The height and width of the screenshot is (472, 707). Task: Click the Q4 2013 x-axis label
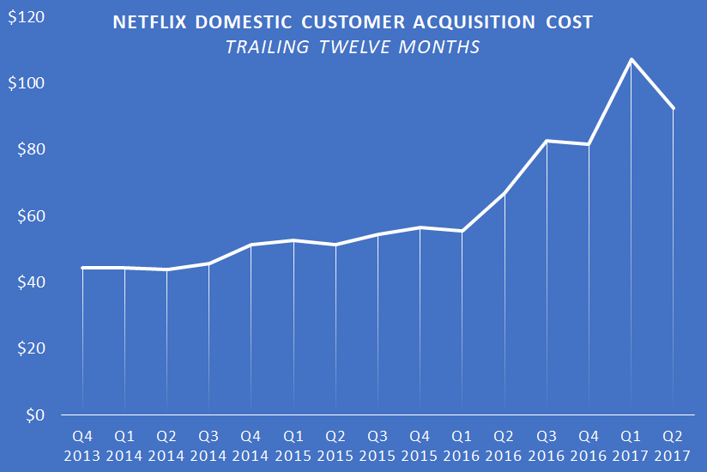83,444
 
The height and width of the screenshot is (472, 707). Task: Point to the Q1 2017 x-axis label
631,444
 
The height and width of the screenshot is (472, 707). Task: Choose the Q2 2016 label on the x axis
505,444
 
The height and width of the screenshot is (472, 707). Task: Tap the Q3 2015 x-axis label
378,444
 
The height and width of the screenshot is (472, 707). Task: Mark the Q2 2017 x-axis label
674,444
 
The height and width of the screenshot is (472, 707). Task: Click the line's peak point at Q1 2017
631,59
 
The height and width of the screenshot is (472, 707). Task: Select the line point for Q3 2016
547,141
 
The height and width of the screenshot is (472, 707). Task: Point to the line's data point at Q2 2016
505,193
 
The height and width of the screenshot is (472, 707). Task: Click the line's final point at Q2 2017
674,108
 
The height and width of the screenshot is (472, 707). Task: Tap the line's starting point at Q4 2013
83,268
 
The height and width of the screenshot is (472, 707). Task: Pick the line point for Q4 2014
251,245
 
